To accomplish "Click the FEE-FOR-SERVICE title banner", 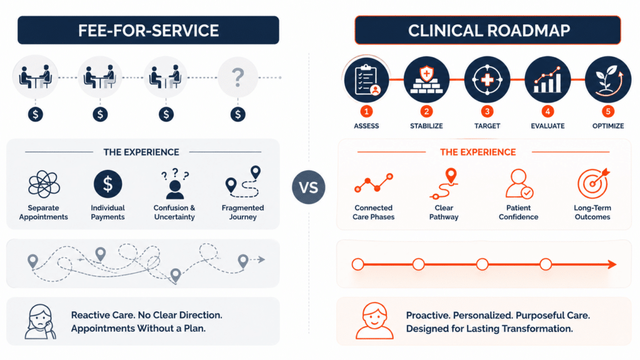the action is click(148, 30).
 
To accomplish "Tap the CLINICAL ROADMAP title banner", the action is click(487, 30).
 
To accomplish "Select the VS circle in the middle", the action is click(309, 187).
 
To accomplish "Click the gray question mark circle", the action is click(237, 77).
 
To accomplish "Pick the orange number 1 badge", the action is click(366, 111).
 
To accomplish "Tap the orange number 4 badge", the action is click(547, 111).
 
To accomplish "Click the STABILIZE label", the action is click(426, 126).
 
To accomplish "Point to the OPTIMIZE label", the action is click(607, 126).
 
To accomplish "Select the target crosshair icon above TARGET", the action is click(487, 79).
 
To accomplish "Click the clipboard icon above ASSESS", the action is click(366, 79).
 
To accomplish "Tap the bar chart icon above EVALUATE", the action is click(547, 79).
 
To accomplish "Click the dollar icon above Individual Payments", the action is click(107, 184).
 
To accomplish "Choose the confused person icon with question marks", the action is click(175, 183).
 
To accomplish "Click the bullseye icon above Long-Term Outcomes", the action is click(594, 183).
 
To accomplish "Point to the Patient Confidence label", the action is click(518, 212).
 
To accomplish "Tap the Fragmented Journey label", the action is click(243, 212).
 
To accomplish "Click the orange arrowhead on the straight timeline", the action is click(612, 264).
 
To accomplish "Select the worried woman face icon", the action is click(39, 322).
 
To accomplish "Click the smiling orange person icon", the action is click(374, 321).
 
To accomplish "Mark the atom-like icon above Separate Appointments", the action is click(44, 184).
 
